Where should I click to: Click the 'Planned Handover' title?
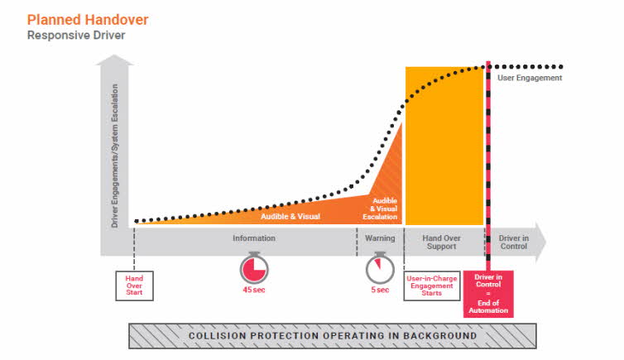pyautogui.click(x=88, y=20)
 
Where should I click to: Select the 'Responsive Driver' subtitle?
pyautogui.click(x=76, y=36)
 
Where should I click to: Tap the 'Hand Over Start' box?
pyautogui.click(x=134, y=286)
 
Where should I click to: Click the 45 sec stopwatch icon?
pyautogui.click(x=254, y=268)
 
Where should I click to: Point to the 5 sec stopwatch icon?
pyautogui.click(x=380, y=268)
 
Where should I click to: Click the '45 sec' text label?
pyautogui.click(x=254, y=290)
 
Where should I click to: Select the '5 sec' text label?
pyautogui.click(x=380, y=290)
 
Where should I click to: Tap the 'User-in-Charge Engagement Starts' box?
pyautogui.click(x=432, y=286)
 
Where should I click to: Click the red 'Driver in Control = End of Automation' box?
pyautogui.click(x=488, y=294)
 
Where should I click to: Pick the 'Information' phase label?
pyautogui.click(x=254, y=238)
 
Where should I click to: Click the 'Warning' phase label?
pyautogui.click(x=380, y=238)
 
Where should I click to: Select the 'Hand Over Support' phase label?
pyautogui.click(x=441, y=242)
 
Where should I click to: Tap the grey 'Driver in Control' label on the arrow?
pyautogui.click(x=514, y=242)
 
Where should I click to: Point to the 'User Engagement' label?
pyautogui.click(x=530, y=78)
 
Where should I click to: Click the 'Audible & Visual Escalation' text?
pyautogui.click(x=380, y=209)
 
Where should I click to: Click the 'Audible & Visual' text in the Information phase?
pyautogui.click(x=290, y=216)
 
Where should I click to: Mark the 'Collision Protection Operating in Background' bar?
pyautogui.click(x=333, y=336)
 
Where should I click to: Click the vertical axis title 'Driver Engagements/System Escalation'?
pyautogui.click(x=114, y=156)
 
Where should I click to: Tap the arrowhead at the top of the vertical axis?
pyautogui.click(x=114, y=60)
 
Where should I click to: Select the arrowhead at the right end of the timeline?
pyautogui.click(x=540, y=242)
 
